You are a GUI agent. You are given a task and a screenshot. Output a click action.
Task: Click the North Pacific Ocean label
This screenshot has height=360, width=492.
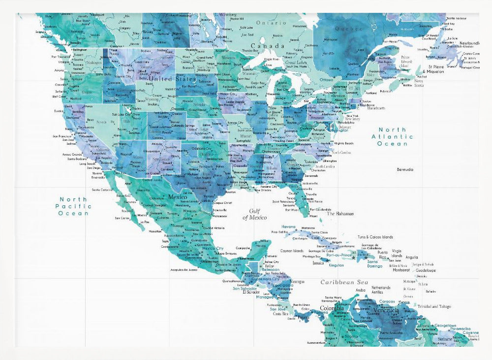(x=73, y=206)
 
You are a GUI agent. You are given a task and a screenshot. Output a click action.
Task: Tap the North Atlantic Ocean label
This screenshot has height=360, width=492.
(x=392, y=136)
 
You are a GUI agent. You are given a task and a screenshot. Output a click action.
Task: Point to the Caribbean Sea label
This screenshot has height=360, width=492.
(x=344, y=282)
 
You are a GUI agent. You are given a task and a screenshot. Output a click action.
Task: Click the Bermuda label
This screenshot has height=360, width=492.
(x=405, y=169)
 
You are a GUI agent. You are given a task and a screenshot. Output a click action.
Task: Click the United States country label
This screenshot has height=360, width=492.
(x=172, y=79)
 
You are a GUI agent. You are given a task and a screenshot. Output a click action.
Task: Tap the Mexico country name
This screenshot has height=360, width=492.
(x=178, y=197)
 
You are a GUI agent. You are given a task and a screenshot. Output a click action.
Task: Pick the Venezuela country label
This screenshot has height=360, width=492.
(x=387, y=311)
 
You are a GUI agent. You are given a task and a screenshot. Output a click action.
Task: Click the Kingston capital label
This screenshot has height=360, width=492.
(x=337, y=265)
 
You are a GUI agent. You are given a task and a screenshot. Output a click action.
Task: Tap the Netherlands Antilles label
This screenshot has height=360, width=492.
(x=380, y=290)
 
